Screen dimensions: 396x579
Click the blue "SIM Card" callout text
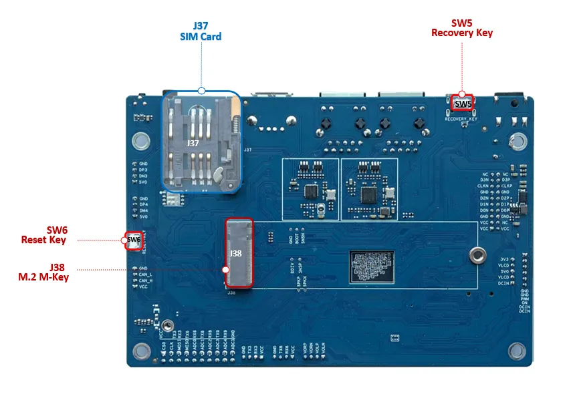point(201,37)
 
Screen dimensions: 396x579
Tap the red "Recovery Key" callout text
point(461,33)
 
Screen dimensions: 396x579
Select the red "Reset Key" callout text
point(44,240)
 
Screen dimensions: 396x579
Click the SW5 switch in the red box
point(463,103)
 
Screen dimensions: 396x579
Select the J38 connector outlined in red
point(239,252)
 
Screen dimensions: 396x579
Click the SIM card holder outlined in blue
point(202,141)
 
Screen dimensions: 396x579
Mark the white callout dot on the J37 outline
point(201,91)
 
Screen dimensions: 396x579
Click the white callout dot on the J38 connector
point(225,270)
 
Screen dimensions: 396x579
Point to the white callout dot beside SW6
point(125,239)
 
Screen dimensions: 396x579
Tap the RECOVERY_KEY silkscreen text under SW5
point(462,119)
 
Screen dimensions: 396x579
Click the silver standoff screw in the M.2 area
point(475,254)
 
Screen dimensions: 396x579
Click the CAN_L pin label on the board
point(146,274)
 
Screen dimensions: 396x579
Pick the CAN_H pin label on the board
point(146,280)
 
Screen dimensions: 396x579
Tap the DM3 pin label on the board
point(143,176)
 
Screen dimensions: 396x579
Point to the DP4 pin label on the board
point(143,205)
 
